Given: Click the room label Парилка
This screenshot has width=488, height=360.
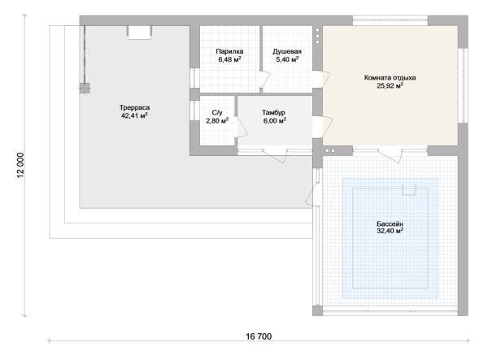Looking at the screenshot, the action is tap(229, 51).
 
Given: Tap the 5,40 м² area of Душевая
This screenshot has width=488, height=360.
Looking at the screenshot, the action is tap(287, 59).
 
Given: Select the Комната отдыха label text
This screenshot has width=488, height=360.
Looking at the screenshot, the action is tap(390, 77).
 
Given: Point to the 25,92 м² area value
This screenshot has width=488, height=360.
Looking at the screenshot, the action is tap(390, 85).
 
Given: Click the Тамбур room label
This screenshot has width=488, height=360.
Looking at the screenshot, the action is tap(273, 112).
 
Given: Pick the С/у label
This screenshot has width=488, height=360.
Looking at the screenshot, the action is tap(217, 112).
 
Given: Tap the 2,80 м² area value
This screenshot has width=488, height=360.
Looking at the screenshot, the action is tap(217, 120).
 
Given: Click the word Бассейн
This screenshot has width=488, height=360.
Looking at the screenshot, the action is tap(390, 223).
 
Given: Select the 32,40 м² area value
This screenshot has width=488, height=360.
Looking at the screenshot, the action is tap(390, 231).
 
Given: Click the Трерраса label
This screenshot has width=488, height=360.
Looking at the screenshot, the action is tap(134, 107).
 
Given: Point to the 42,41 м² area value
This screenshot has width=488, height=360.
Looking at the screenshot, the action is tap(134, 115).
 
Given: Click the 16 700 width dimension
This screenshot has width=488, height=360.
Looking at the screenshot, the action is tap(259, 336).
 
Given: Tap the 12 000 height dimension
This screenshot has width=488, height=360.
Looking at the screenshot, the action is tap(20, 165).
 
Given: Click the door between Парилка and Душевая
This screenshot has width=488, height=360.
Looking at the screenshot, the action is tap(264, 80).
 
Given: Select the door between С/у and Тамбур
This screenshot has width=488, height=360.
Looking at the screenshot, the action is tap(241, 127).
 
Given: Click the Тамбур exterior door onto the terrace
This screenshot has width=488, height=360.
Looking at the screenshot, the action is tap(275, 155).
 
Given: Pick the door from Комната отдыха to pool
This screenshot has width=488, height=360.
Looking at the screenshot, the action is tap(390, 155).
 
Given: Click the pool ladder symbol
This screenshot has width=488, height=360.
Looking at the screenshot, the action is tap(409, 190).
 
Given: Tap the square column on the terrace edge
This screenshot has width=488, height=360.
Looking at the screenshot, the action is tap(85, 89).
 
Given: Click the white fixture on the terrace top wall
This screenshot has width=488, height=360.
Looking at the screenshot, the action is tap(139, 33).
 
